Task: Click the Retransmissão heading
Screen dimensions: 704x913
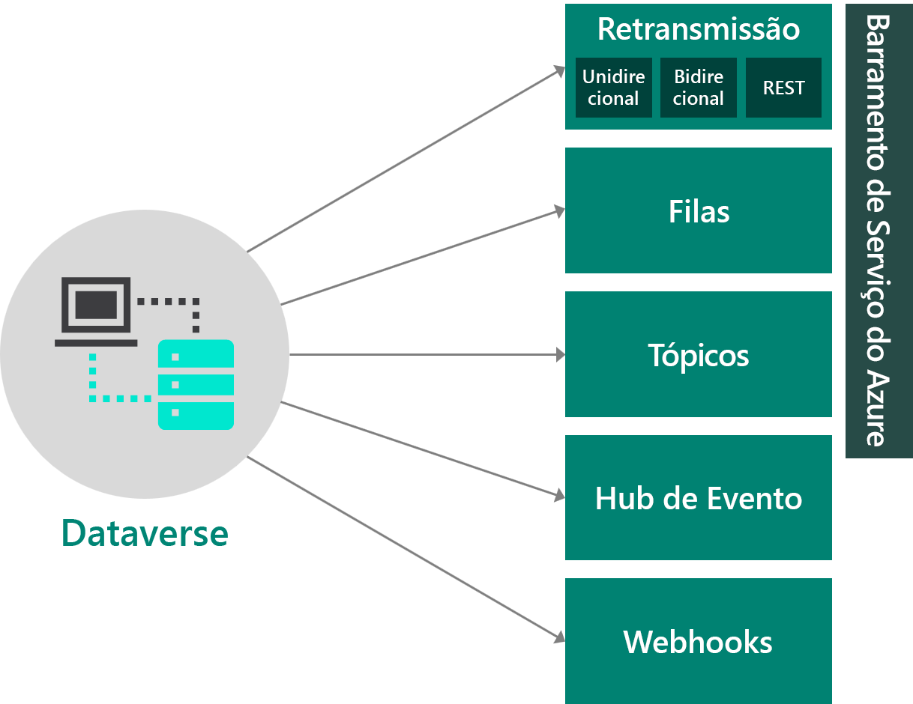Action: pyautogui.click(x=698, y=30)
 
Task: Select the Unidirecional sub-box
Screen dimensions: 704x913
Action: pyautogui.click(x=613, y=88)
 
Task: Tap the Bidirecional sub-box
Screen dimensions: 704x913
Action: pyautogui.click(x=698, y=88)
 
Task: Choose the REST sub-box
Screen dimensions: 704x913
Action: pyautogui.click(x=783, y=88)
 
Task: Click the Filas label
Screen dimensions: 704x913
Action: pyautogui.click(x=699, y=212)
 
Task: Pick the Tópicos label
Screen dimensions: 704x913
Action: pyautogui.click(x=699, y=355)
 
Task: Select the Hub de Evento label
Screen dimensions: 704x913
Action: pyautogui.click(x=699, y=499)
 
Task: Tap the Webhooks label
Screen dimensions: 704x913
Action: pyautogui.click(x=698, y=642)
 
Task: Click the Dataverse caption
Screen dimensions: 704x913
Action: pyautogui.click(x=145, y=533)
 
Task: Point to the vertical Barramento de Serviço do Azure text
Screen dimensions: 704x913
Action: pyautogui.click(x=878, y=231)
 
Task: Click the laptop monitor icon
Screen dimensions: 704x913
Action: pyautogui.click(x=96, y=307)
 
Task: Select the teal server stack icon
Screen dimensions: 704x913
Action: pyautogui.click(x=196, y=384)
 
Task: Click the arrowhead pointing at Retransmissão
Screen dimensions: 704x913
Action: pyautogui.click(x=560, y=70)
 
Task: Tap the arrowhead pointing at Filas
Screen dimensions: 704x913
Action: pyautogui.click(x=560, y=211)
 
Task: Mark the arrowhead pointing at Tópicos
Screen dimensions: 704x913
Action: pyautogui.click(x=561, y=355)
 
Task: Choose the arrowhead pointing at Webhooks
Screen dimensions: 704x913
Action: pyautogui.click(x=560, y=637)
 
